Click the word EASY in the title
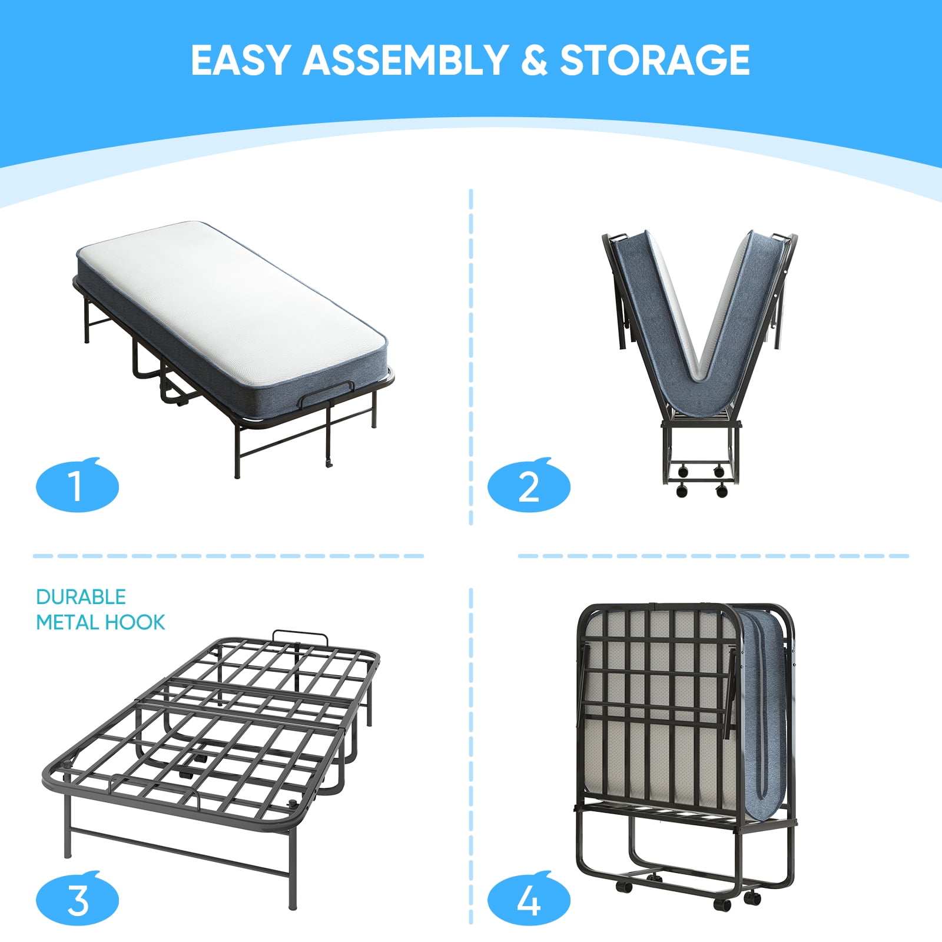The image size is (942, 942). tap(240, 60)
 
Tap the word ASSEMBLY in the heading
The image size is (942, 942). tap(405, 60)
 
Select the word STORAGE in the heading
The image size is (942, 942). tap(655, 60)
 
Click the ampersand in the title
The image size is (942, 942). tap(533, 60)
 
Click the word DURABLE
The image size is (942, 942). tap(81, 597)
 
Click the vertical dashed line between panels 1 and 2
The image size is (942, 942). tap(471, 357)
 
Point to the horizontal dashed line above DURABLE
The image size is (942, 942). tap(228, 556)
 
